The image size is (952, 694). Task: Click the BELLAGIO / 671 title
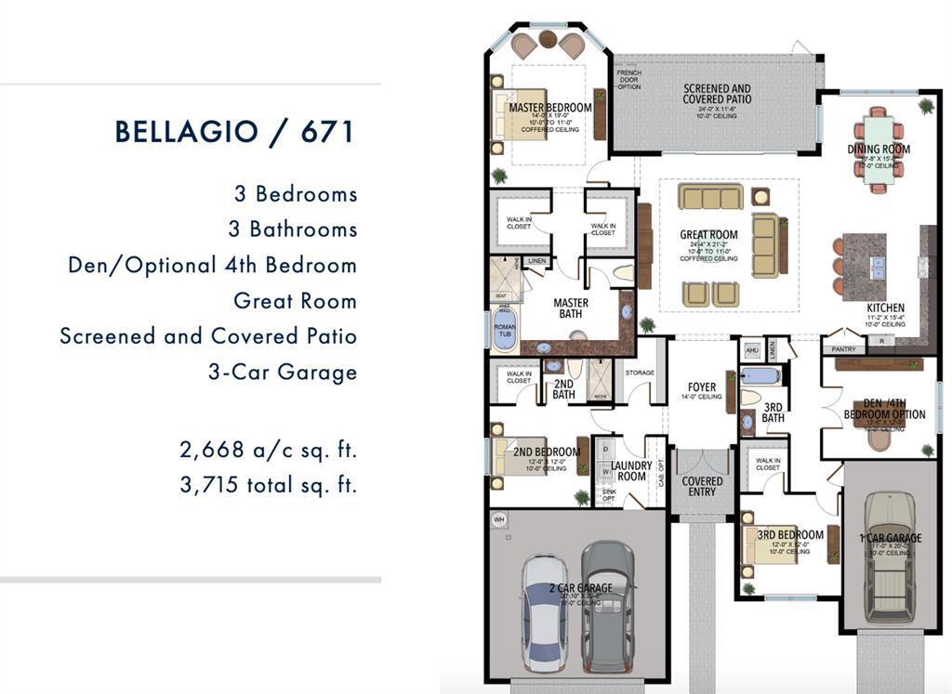tap(235, 131)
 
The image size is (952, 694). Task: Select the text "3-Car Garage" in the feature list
tap(283, 373)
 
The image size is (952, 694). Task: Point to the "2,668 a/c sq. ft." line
tap(268, 451)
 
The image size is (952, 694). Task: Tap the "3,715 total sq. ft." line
tap(268, 484)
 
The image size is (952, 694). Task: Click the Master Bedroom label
tap(550, 108)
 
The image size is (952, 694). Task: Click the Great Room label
tap(708, 235)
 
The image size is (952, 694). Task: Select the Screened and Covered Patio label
tap(717, 94)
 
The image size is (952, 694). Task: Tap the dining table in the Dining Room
tap(879, 149)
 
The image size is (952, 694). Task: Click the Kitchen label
tap(884, 308)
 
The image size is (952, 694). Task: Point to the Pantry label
tap(843, 349)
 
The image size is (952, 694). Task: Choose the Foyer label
tap(702, 387)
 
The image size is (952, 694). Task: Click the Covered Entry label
tap(702, 486)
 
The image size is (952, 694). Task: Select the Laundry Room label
tap(631, 470)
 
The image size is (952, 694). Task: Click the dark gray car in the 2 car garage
tap(608, 604)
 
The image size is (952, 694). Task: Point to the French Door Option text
tap(629, 79)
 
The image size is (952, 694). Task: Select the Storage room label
tap(640, 373)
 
